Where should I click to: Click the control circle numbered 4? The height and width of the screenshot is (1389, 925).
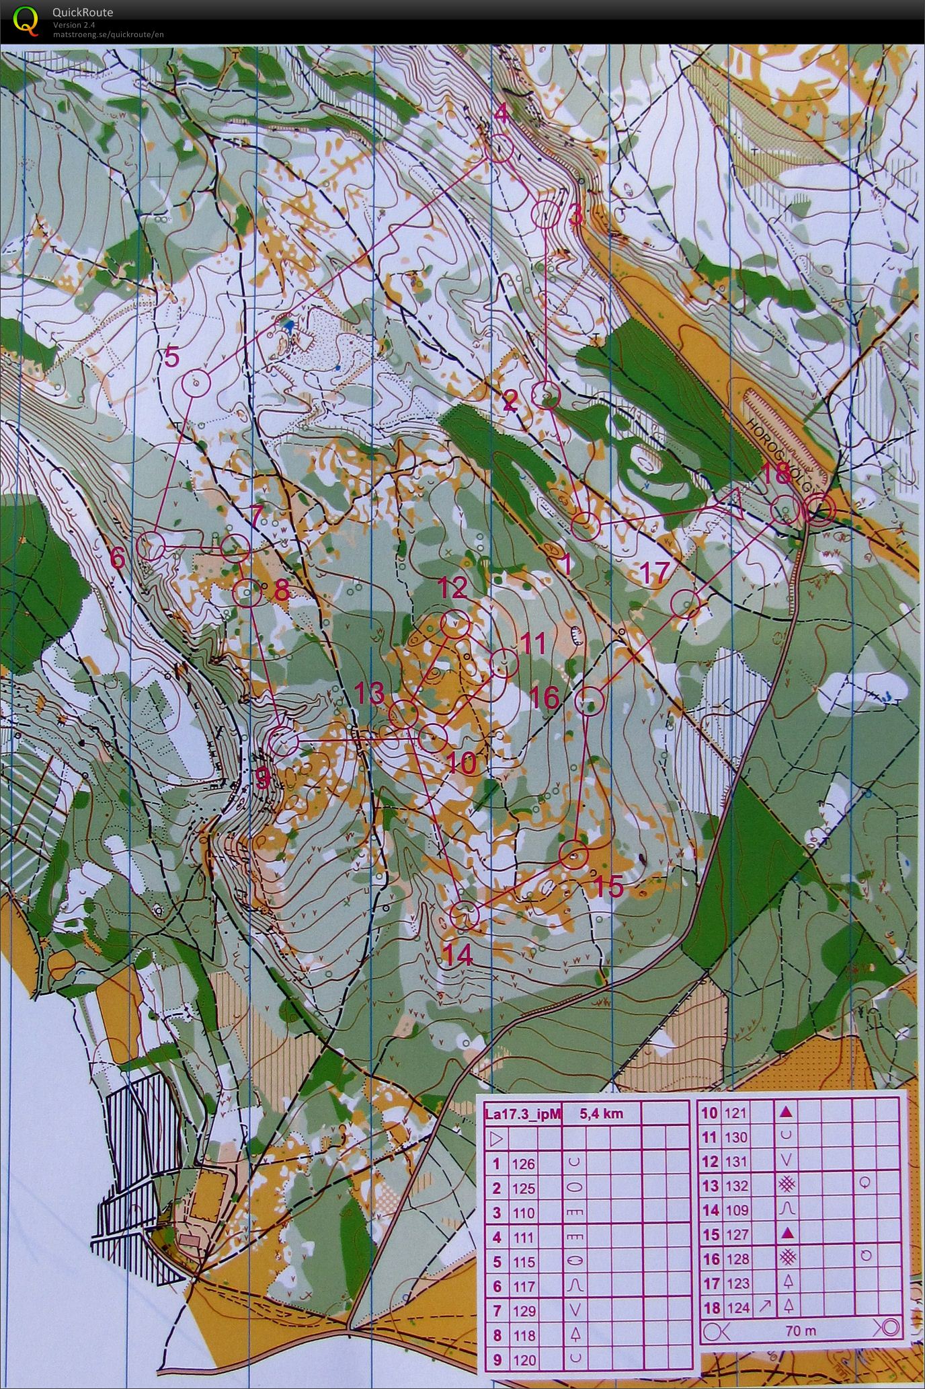[499, 148]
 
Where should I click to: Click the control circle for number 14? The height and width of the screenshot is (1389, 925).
[464, 915]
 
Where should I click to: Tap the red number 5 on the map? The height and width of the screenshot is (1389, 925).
[172, 357]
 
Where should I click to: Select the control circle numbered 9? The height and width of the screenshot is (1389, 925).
[283, 741]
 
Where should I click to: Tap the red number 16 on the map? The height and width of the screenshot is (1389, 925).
[545, 698]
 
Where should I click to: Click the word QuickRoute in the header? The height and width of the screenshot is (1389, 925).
[82, 12]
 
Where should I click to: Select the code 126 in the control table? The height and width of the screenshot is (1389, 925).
[524, 1164]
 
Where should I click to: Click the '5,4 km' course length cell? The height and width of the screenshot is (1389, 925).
[602, 1113]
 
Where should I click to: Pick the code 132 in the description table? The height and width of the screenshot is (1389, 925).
[737, 1186]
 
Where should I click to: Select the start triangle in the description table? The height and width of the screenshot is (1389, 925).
[497, 1139]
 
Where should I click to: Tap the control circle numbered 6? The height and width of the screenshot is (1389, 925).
[151, 545]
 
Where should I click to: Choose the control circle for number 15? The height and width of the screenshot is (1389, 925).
[574, 854]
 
